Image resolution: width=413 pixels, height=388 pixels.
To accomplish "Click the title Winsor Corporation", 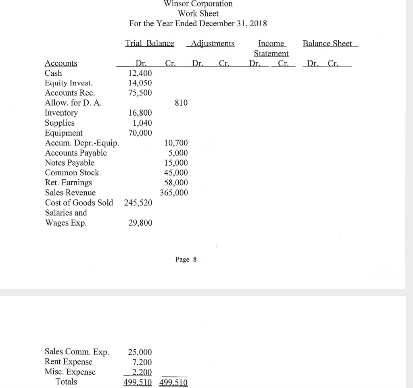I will click(x=198, y=4).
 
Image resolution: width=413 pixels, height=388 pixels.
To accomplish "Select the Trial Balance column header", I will click(x=150, y=44).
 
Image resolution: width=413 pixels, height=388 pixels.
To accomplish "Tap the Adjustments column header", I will click(x=213, y=44).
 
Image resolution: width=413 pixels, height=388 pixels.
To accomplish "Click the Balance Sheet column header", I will click(x=327, y=44).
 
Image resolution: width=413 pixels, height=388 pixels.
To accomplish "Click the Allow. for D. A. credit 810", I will click(x=181, y=103).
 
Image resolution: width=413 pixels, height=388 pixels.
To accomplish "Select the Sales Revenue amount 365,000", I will click(x=174, y=193).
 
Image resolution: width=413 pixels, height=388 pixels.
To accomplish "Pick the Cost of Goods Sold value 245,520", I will click(x=138, y=203).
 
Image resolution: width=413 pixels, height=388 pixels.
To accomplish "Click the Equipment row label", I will click(x=64, y=133).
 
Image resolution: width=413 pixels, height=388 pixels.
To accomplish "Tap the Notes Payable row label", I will click(x=69, y=163).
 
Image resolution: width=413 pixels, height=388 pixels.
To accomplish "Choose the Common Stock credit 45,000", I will click(x=176, y=173).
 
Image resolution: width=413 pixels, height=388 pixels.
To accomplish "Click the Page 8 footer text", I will click(x=186, y=259).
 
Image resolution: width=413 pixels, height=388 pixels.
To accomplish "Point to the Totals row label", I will click(x=66, y=382).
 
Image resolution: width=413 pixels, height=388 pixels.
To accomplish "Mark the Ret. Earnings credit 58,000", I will click(x=176, y=183).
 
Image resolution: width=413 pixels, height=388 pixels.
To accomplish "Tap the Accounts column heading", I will click(x=61, y=63).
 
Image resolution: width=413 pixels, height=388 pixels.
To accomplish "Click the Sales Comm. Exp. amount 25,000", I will click(x=140, y=352).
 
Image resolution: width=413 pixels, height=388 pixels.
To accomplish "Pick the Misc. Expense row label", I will click(x=70, y=372).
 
